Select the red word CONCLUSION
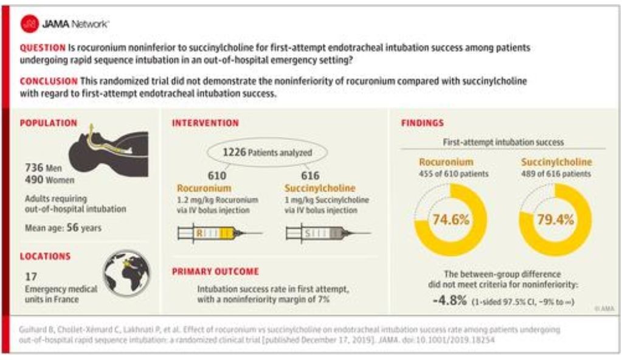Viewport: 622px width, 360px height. pyautogui.click(x=49, y=81)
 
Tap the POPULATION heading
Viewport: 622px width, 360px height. pyautogui.click(x=49, y=123)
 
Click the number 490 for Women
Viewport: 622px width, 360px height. pyautogui.click(x=33, y=179)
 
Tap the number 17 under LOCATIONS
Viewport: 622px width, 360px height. pyautogui.click(x=31, y=276)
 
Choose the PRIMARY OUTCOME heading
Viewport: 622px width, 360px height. pyautogui.click(x=215, y=272)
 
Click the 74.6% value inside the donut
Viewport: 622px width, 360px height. pyautogui.click(x=450, y=220)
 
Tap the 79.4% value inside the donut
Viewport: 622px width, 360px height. pyautogui.click(x=556, y=220)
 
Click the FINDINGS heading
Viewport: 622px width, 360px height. pyautogui.click(x=423, y=123)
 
